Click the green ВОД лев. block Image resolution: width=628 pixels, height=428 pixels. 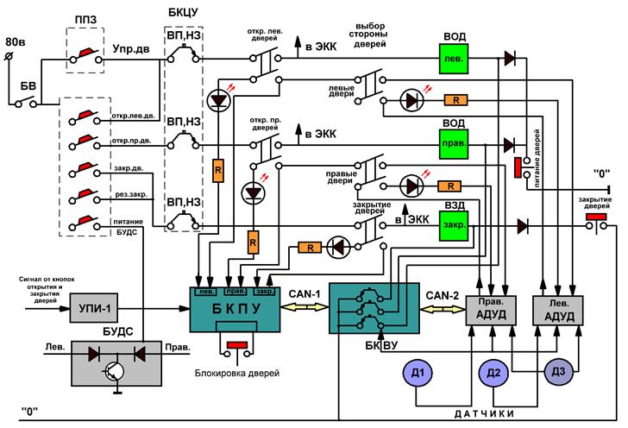[454, 59]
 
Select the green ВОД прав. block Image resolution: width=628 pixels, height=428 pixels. [454, 144]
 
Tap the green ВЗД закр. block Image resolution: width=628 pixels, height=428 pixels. [454, 225]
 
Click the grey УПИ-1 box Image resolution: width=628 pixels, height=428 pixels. [94, 308]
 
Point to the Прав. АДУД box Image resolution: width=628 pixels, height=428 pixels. [491, 311]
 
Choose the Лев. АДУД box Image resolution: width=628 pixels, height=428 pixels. [558, 311]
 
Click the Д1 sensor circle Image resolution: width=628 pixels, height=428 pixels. [418, 373]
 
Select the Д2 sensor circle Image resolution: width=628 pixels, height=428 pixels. [493, 373]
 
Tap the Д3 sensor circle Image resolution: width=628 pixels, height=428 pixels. [558, 372]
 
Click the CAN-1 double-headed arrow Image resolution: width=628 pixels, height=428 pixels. [305, 307]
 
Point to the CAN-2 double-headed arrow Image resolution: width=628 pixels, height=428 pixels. [443, 310]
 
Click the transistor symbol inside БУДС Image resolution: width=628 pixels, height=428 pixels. [114, 372]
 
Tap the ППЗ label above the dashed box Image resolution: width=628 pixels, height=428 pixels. [85, 20]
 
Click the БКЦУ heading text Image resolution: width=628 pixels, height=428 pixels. [183, 13]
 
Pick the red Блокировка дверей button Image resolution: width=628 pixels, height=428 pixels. [237, 344]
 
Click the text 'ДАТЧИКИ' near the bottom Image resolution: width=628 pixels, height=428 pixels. [484, 414]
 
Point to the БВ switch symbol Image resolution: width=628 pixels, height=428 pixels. [26, 101]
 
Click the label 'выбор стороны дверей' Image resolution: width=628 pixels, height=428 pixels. [370, 35]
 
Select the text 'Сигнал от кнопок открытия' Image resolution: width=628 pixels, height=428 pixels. [47, 283]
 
